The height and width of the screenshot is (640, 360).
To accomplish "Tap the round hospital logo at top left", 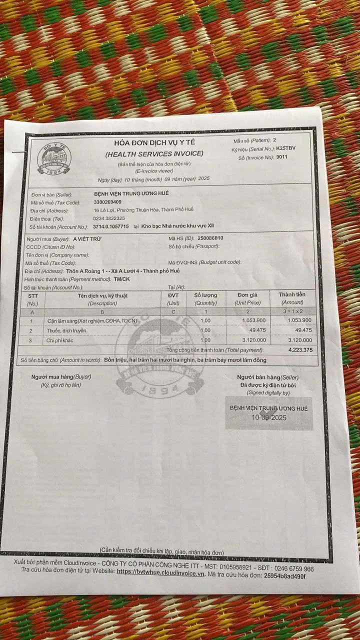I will (x=54, y=158).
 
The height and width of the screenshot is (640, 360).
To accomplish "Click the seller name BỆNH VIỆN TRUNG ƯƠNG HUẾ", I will (x=131, y=193).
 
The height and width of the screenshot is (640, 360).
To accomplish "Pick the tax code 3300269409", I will (x=110, y=201).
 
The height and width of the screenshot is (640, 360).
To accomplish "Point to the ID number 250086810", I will (x=210, y=238).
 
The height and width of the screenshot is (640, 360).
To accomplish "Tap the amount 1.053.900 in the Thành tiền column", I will (x=296, y=320).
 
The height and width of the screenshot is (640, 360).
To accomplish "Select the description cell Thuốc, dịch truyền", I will (x=67, y=330).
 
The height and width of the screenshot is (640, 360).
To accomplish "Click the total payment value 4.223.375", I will (x=300, y=350).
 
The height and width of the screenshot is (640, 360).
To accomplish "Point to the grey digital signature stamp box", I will (x=268, y=413).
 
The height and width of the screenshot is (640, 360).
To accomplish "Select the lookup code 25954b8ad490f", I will (x=277, y=576).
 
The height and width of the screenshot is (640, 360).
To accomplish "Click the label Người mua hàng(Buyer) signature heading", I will (x=61, y=376).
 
